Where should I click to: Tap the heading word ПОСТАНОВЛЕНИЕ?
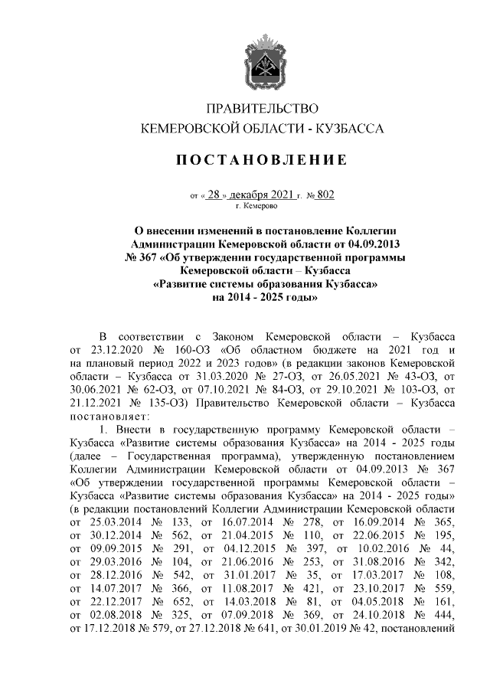click(263, 160)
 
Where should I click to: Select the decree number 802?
click(324, 194)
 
